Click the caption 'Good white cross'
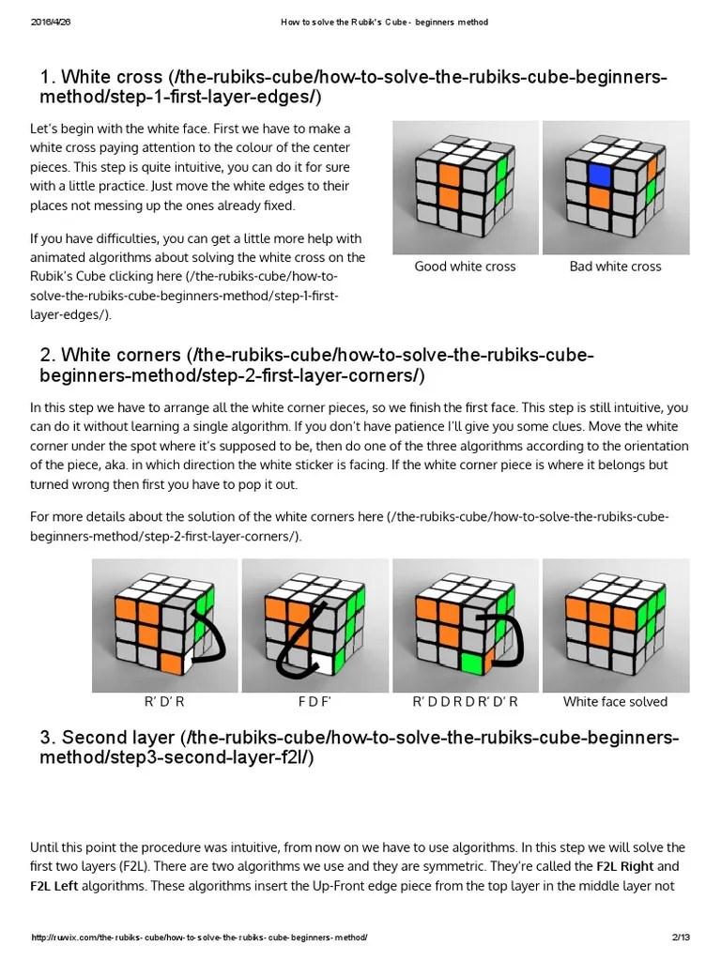(x=465, y=267)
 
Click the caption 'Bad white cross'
(x=615, y=267)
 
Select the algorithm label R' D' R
(x=165, y=702)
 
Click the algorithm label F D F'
(x=315, y=702)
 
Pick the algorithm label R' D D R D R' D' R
(x=465, y=702)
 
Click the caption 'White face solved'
(x=615, y=702)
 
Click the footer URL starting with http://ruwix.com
(x=199, y=938)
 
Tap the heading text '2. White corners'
(x=111, y=357)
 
